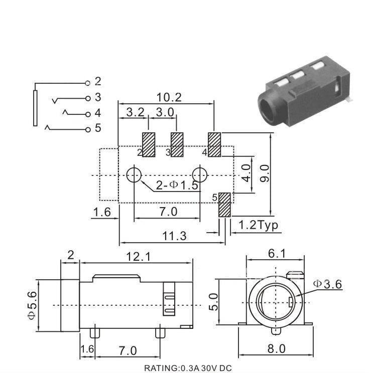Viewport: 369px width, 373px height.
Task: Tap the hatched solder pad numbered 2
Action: (x=149, y=145)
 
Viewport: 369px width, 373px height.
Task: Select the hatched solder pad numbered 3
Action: (x=177, y=145)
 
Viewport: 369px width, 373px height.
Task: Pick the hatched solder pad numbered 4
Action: (x=214, y=145)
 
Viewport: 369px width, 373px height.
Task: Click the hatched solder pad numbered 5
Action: (x=225, y=205)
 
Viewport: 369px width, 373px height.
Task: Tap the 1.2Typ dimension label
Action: (x=258, y=225)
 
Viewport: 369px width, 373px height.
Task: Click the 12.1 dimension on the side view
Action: (x=138, y=256)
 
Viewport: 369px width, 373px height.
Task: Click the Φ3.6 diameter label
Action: (x=327, y=284)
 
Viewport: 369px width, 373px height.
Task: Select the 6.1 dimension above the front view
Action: (x=277, y=254)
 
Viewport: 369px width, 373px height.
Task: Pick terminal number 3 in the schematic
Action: (x=97, y=97)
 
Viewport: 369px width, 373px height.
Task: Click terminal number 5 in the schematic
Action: (x=97, y=128)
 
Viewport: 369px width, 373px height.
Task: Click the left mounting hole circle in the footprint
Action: (x=134, y=175)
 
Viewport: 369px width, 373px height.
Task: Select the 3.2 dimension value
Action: (x=135, y=112)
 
